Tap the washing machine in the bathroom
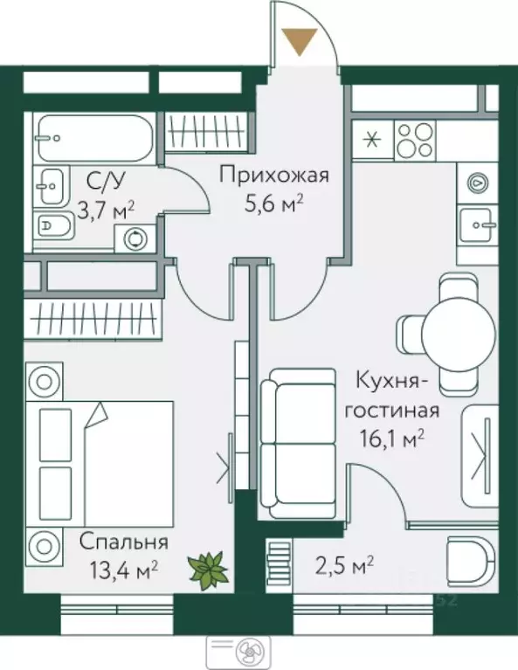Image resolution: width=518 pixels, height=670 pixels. (x=135, y=237)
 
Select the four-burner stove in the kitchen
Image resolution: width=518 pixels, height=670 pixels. (x=414, y=137)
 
